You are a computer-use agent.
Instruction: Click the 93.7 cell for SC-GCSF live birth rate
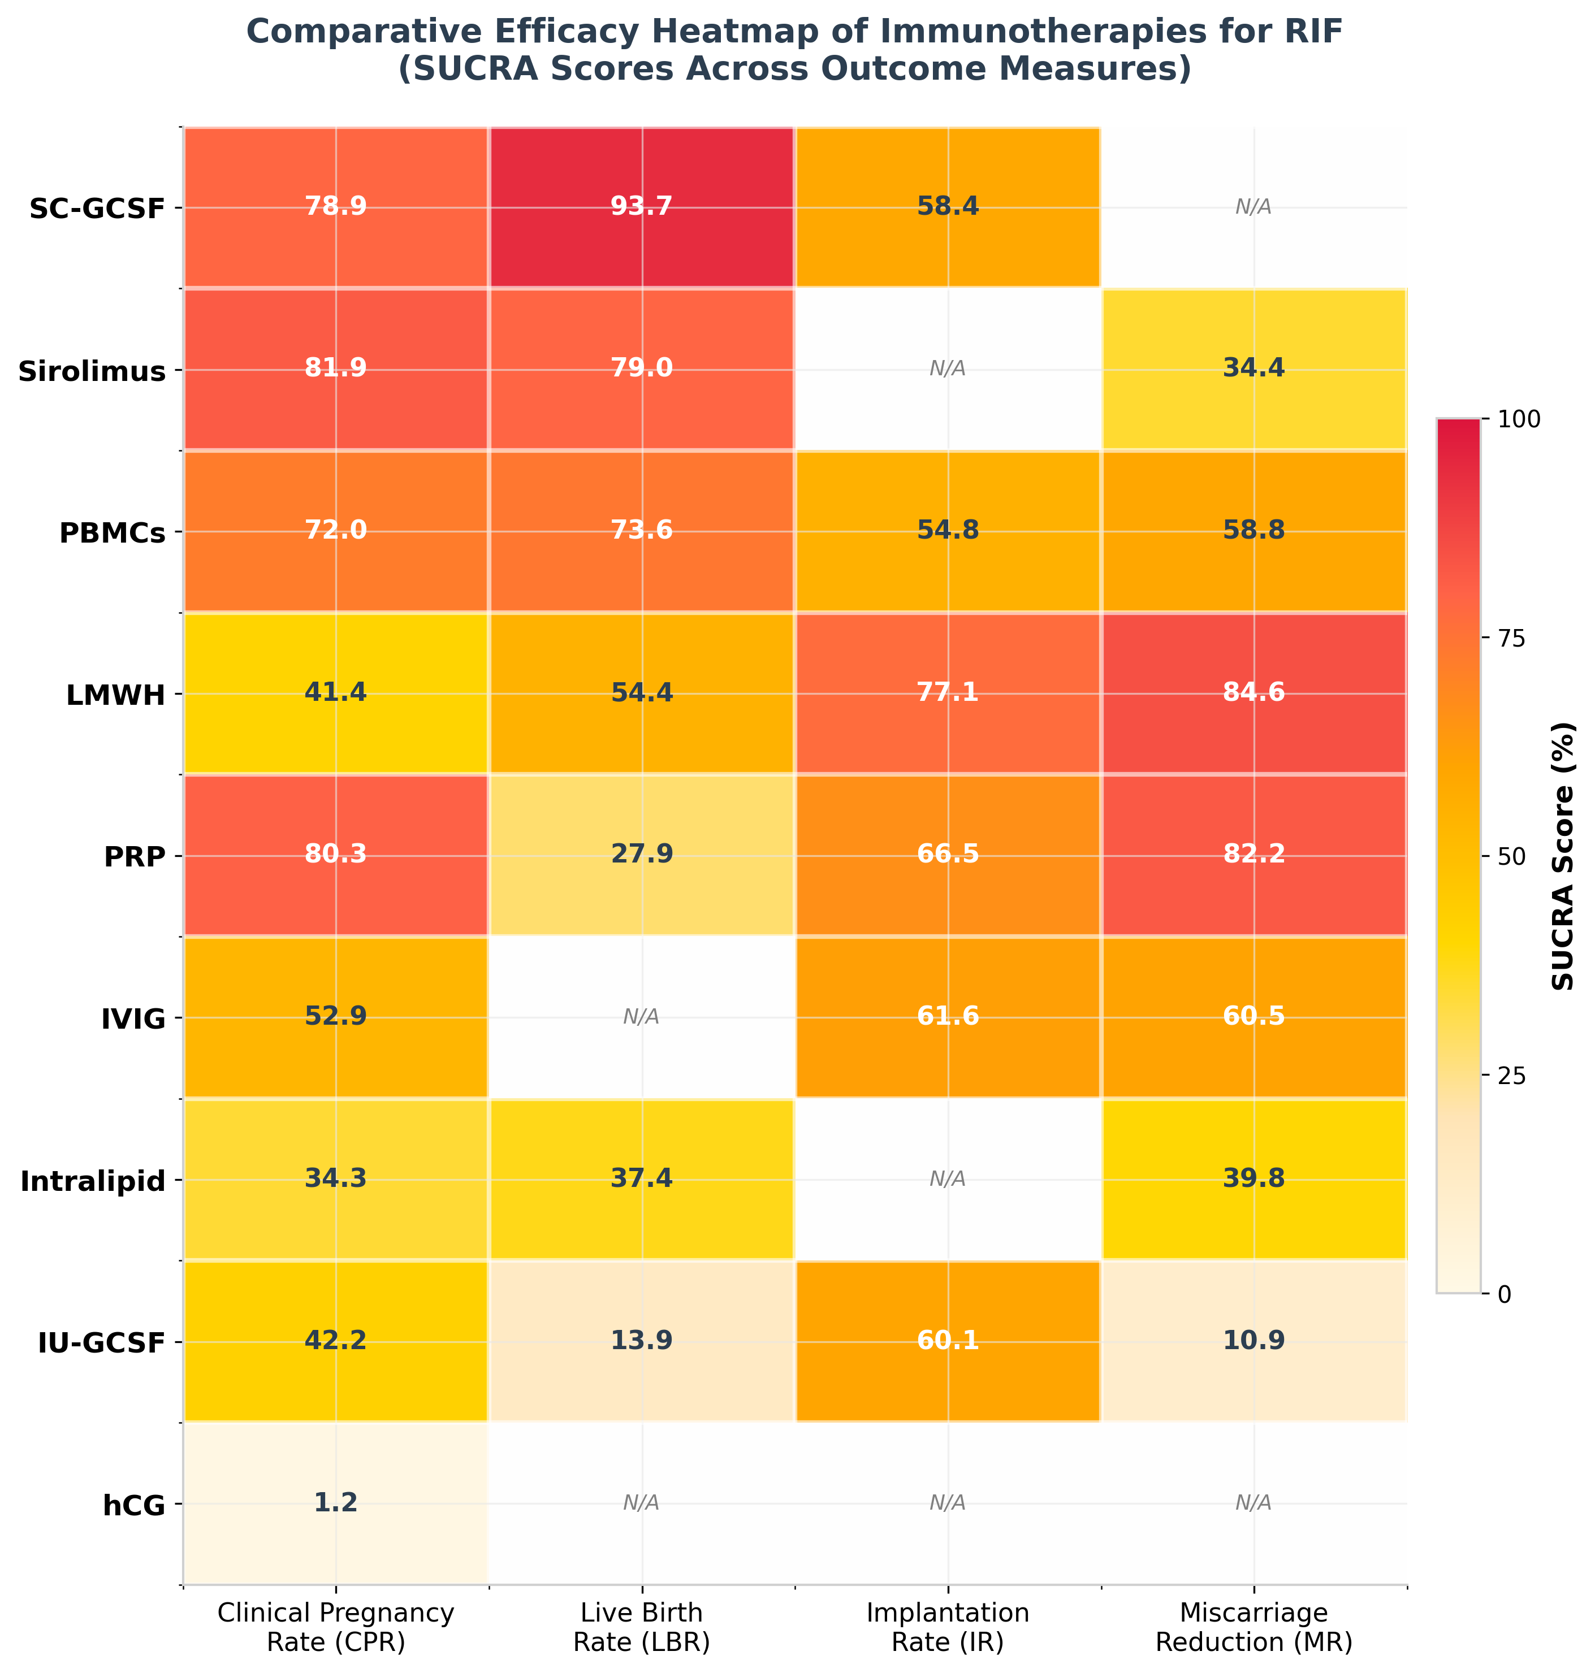point(641,207)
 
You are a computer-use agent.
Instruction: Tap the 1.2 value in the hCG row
point(336,1502)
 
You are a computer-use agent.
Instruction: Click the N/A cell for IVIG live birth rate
point(641,1017)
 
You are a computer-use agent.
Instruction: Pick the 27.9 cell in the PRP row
point(641,855)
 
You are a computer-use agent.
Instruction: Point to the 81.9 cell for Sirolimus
point(336,369)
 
